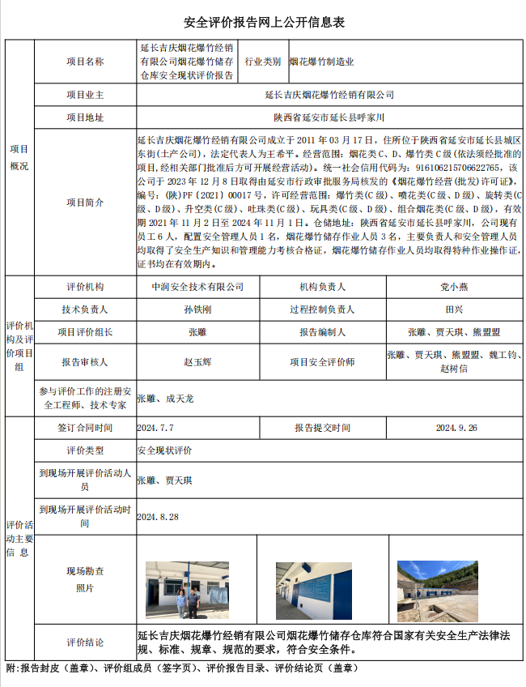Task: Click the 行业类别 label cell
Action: (263, 62)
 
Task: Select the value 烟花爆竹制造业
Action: (321, 62)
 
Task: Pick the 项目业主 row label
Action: (85, 95)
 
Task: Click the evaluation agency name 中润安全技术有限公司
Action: (197, 287)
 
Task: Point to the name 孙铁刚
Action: (197, 309)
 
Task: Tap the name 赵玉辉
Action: (197, 362)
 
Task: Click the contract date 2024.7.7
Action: (155, 428)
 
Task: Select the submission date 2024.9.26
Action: (456, 428)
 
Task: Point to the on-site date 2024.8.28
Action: (158, 516)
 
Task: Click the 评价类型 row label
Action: (85, 450)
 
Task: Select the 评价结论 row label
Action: (85, 642)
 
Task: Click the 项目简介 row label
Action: (85, 203)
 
